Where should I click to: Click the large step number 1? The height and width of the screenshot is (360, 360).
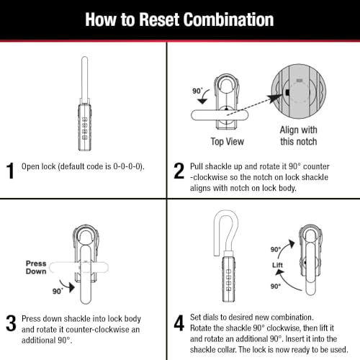pyautogui.click(x=10, y=171)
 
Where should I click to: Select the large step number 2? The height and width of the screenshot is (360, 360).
pyautogui.click(x=179, y=171)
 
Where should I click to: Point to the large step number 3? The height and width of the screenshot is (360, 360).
pyautogui.click(x=11, y=323)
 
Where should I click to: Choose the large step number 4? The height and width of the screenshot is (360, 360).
pyautogui.click(x=179, y=323)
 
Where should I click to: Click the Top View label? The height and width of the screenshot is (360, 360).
pyautogui.click(x=228, y=142)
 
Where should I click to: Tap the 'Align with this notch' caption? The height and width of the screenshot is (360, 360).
pyautogui.click(x=299, y=135)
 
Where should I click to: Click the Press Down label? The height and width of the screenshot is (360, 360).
pyautogui.click(x=36, y=267)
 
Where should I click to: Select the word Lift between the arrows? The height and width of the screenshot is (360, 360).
pyautogui.click(x=277, y=265)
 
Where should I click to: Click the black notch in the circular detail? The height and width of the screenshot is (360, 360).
pyautogui.click(x=287, y=92)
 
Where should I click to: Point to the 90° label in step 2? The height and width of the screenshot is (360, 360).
pyautogui.click(x=197, y=91)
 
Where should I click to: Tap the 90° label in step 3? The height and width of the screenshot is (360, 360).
pyautogui.click(x=58, y=291)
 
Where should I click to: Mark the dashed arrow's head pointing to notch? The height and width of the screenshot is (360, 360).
pyautogui.click(x=276, y=98)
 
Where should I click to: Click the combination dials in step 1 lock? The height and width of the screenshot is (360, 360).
pyautogui.click(x=84, y=128)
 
